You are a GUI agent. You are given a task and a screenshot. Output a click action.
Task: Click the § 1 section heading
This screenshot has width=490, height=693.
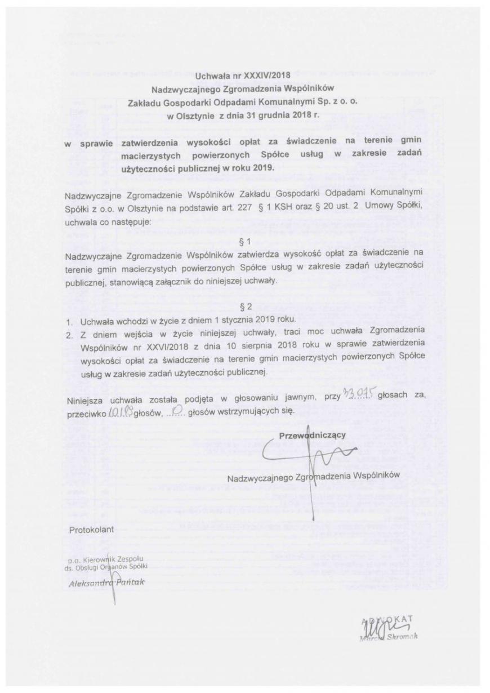pyautogui.click(x=245, y=243)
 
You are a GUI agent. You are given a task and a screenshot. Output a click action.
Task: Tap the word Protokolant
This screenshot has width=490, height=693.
pyautogui.click(x=91, y=530)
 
